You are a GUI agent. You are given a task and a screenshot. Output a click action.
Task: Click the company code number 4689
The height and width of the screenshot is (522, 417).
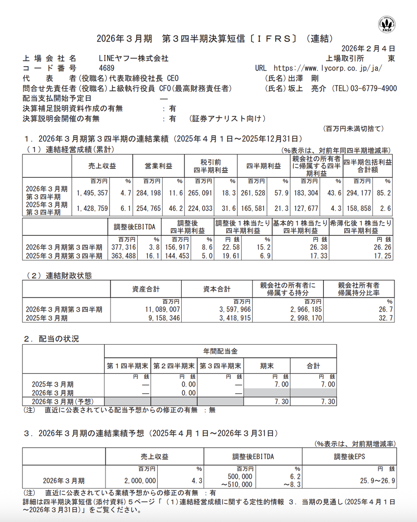(x=107, y=69)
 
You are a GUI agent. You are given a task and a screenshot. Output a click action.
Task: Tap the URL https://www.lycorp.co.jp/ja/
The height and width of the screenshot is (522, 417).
(x=328, y=69)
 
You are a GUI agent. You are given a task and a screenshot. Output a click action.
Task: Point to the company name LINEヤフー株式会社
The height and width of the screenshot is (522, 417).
(x=134, y=59)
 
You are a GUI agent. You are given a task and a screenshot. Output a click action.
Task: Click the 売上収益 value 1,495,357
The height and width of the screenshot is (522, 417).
(x=92, y=193)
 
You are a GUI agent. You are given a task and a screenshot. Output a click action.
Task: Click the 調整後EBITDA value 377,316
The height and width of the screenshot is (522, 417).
(x=123, y=248)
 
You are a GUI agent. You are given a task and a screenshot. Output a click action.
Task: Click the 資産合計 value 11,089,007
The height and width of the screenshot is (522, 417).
(x=162, y=310)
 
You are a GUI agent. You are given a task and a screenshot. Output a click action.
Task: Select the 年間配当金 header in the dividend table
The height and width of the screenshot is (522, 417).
(x=221, y=351)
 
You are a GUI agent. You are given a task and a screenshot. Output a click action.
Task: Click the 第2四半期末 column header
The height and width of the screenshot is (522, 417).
(x=174, y=366)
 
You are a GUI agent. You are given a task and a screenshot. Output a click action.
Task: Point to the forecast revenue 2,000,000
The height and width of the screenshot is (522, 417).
(x=140, y=481)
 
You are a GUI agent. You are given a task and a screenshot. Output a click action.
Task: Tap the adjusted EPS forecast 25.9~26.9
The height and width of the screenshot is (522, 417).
(x=377, y=481)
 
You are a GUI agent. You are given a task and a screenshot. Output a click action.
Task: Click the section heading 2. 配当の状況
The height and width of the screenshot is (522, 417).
(x=51, y=339)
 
